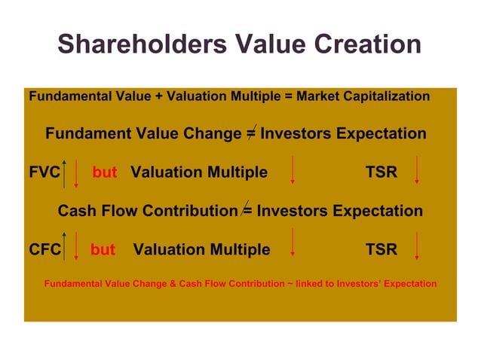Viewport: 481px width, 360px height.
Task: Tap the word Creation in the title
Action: tap(363, 44)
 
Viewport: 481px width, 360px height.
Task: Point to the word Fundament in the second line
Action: tap(89, 134)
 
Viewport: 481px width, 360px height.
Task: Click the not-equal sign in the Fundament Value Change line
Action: tap(250, 133)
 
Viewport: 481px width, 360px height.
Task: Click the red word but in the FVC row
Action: tap(105, 172)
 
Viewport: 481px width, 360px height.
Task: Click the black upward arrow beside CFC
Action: tap(66, 247)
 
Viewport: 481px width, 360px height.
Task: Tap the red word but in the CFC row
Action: tap(103, 249)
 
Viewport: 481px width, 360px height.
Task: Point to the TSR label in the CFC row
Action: tap(381, 249)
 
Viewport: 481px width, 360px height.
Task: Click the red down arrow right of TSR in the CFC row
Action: tap(417, 247)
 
